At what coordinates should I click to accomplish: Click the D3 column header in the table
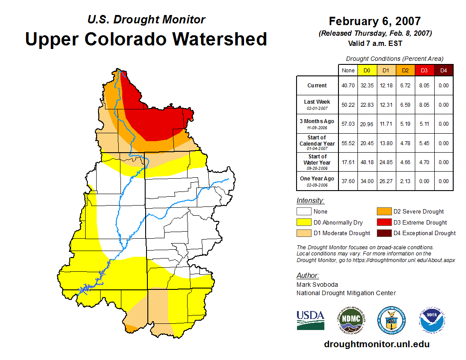(x=424, y=70)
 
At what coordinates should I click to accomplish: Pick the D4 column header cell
(x=443, y=70)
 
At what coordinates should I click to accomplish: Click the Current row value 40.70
(x=348, y=86)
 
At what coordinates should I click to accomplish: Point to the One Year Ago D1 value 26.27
(x=386, y=181)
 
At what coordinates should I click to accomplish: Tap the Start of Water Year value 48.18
(x=367, y=162)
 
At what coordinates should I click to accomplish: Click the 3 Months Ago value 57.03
(x=348, y=124)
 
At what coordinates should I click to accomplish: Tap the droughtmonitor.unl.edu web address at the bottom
(x=376, y=344)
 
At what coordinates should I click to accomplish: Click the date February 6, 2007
(x=375, y=21)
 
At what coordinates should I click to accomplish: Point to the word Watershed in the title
(x=220, y=39)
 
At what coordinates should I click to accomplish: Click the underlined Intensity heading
(x=310, y=201)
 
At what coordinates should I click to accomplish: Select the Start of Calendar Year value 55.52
(x=348, y=143)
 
